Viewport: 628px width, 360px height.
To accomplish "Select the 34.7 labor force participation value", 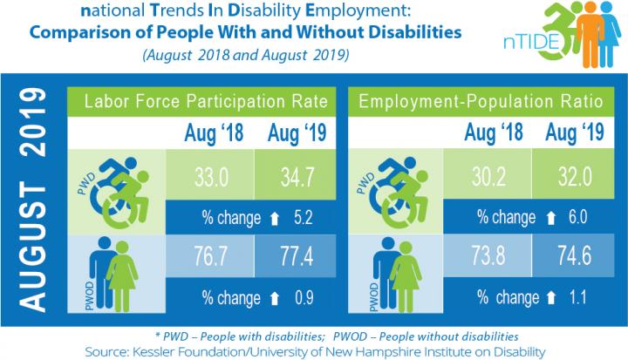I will pos(290,172).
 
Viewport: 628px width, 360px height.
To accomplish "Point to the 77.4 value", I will pos(290,255).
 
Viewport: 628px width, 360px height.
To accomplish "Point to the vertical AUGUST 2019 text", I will pos(34,199).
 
